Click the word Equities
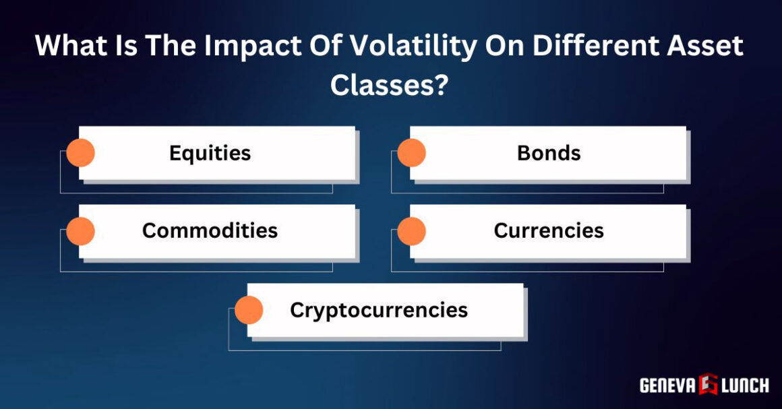210,153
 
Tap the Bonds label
549,153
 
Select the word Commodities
210,230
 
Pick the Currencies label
549,230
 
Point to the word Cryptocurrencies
378,309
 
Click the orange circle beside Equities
80,153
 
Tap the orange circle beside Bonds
411,153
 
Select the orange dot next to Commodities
80,231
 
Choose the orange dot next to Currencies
411,231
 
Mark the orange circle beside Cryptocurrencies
249,310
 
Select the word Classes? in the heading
389,86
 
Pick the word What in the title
67,46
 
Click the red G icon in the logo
709,384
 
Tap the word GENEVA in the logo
667,385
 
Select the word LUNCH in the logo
745,385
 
